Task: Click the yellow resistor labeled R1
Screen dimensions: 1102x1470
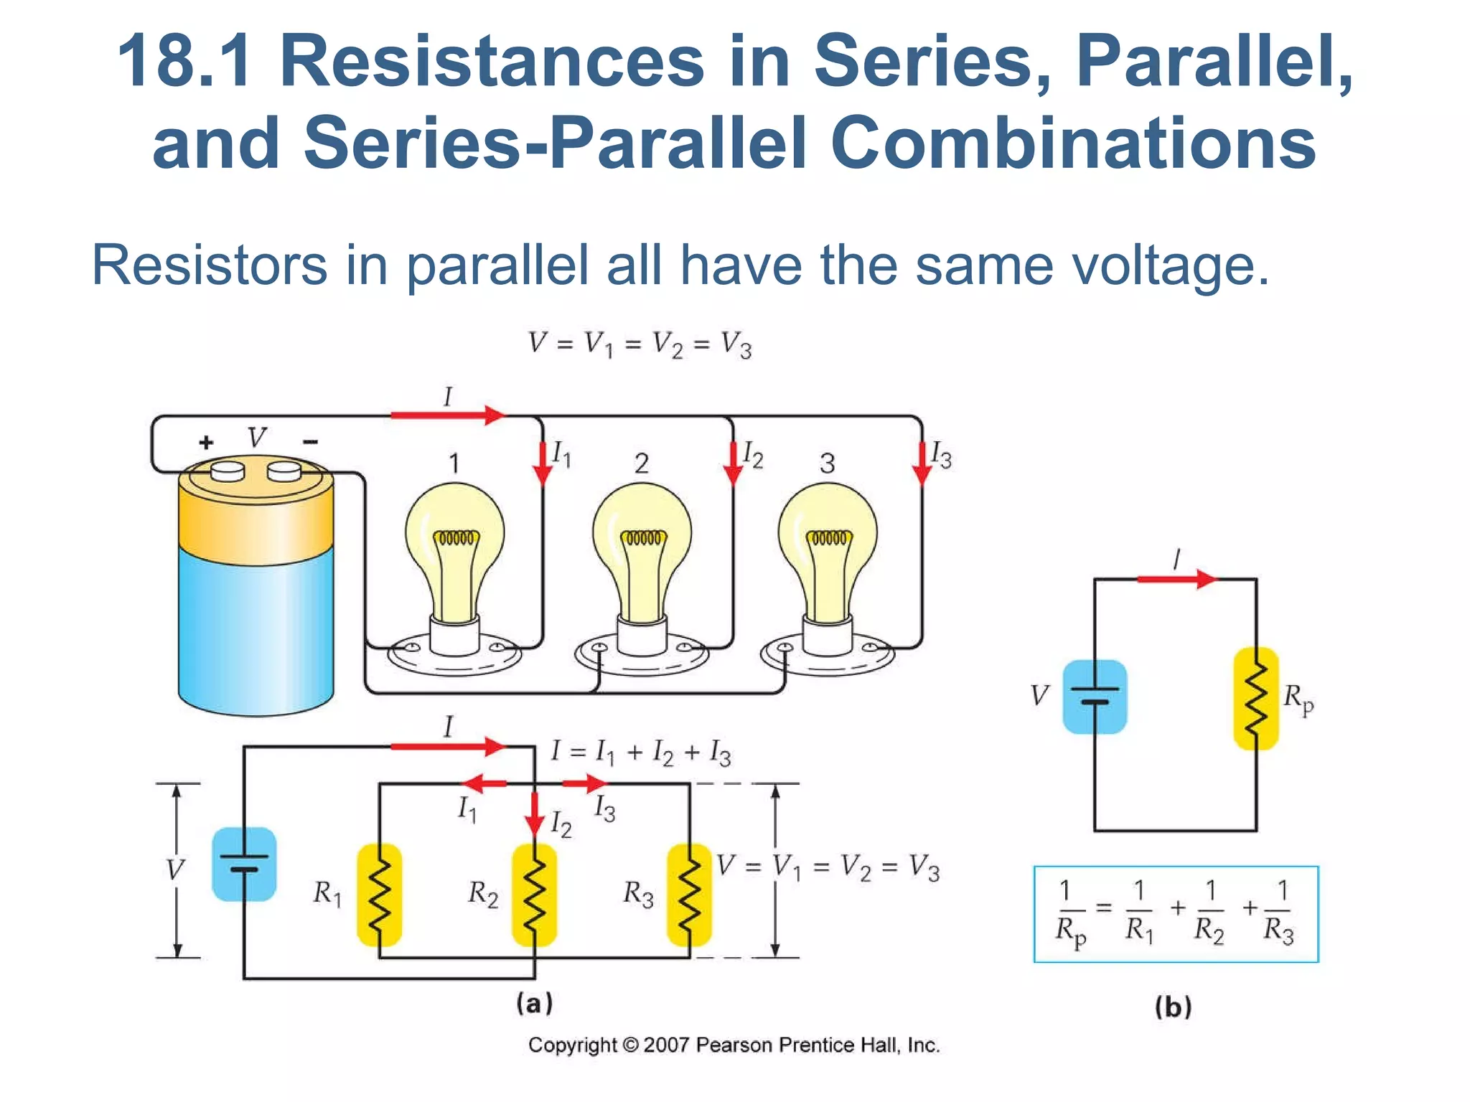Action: point(379,895)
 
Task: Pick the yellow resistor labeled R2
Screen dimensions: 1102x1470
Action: point(534,895)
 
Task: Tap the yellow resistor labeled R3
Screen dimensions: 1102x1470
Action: point(689,895)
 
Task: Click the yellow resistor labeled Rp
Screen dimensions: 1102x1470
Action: point(1256,698)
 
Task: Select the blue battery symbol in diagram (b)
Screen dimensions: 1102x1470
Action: point(1095,697)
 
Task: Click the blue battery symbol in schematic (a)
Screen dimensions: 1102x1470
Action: point(244,864)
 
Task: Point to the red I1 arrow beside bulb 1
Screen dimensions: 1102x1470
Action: point(543,463)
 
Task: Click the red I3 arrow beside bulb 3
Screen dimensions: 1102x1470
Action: point(922,463)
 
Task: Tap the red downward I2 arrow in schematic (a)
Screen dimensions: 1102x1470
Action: point(534,814)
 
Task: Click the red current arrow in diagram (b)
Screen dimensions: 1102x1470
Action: point(1177,578)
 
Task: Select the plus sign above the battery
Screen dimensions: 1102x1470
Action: point(206,442)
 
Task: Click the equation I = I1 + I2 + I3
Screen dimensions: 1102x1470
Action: point(641,753)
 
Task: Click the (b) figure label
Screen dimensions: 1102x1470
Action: point(1174,1007)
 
